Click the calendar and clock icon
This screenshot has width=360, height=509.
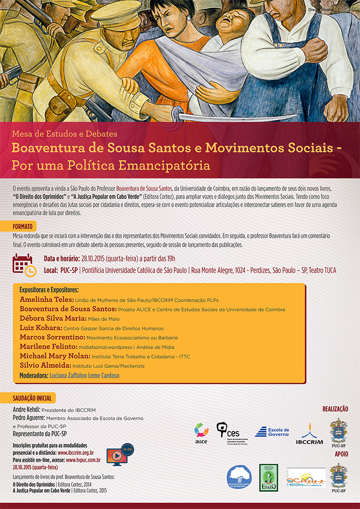tap(24, 265)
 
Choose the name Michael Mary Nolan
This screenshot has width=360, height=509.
tap(55, 356)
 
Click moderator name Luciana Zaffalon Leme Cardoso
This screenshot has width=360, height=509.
tap(84, 375)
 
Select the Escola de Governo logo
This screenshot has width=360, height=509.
tap(272, 432)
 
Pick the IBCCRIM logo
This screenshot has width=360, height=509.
tap(309, 434)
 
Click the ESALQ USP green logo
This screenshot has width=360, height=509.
tap(268, 477)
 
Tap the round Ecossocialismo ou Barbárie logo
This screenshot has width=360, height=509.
tap(239, 478)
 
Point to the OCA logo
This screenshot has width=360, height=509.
tap(306, 477)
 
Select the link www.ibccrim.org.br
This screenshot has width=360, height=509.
tap(75, 452)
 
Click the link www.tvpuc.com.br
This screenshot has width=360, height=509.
tap(83, 460)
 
